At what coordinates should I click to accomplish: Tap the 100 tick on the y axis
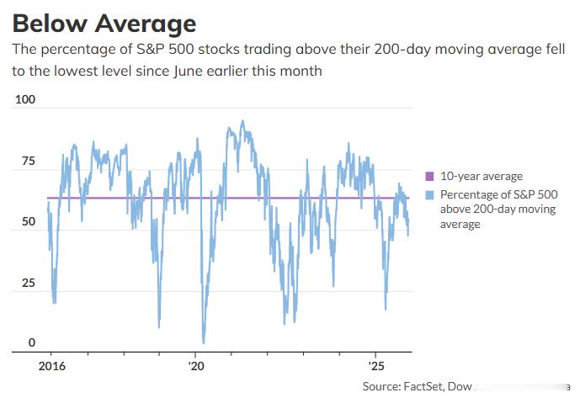click(x=26, y=100)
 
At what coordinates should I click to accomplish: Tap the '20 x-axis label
click(x=196, y=368)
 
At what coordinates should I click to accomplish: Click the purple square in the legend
click(x=430, y=177)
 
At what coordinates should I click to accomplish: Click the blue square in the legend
click(x=430, y=194)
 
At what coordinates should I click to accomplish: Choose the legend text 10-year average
click(x=481, y=177)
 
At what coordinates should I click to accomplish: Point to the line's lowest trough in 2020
click(x=203, y=342)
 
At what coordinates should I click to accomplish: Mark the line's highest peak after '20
click(x=242, y=120)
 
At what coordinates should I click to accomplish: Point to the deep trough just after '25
click(x=385, y=309)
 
